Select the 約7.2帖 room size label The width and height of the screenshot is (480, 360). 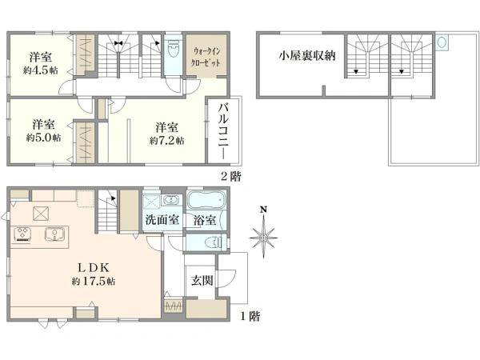166,140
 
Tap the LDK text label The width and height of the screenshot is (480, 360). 87,266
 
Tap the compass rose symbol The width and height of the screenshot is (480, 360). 263,237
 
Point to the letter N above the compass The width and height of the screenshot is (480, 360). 263,211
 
